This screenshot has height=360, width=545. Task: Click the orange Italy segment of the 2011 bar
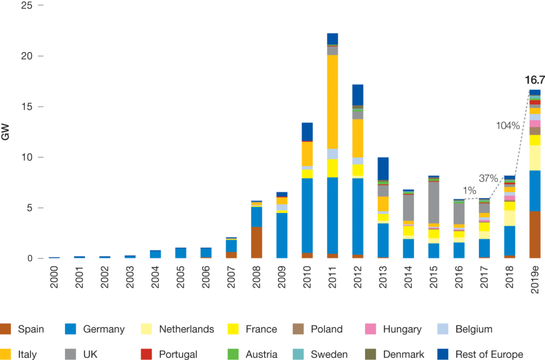333,101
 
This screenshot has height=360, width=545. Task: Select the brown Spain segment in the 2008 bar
257,242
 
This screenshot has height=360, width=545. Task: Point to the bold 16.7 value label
534,80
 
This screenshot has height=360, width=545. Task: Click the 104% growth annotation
507,126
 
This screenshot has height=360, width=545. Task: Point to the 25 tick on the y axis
27,5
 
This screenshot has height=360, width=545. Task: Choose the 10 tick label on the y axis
27,158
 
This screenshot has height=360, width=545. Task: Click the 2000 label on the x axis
54,276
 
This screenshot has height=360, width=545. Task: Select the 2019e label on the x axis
535,278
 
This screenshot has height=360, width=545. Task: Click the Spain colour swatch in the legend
7,329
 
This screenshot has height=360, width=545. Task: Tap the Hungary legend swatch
372,329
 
